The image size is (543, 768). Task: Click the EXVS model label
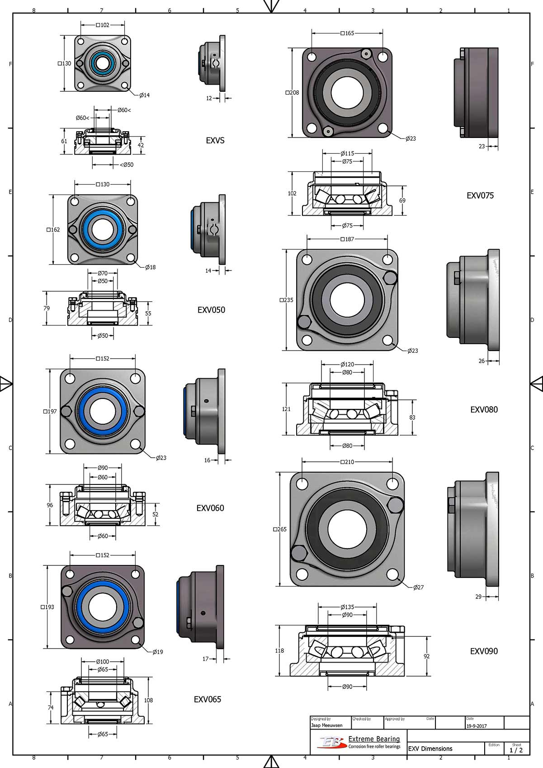tap(215, 141)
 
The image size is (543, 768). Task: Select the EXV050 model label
tap(211, 310)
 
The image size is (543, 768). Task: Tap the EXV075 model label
tap(480, 195)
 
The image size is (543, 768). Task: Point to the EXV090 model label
tap(484, 651)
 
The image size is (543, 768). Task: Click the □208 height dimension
tap(292, 93)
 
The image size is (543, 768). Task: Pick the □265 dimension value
tap(280, 529)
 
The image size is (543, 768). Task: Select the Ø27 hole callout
tap(418, 587)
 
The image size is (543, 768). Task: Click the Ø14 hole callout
tap(144, 95)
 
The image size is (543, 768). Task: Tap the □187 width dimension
tap(347, 239)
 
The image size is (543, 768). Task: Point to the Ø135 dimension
tap(347, 607)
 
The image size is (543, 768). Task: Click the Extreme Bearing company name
tap(374, 739)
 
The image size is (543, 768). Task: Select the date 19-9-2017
tap(477, 726)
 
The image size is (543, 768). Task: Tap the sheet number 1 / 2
tap(516, 750)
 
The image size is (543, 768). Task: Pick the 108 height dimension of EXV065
tap(148, 700)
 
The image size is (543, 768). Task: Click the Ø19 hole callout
tap(157, 652)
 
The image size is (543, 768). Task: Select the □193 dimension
tap(47, 607)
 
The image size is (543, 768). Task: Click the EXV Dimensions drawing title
tap(430, 749)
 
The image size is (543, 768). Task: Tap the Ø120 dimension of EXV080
tap(347, 364)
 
